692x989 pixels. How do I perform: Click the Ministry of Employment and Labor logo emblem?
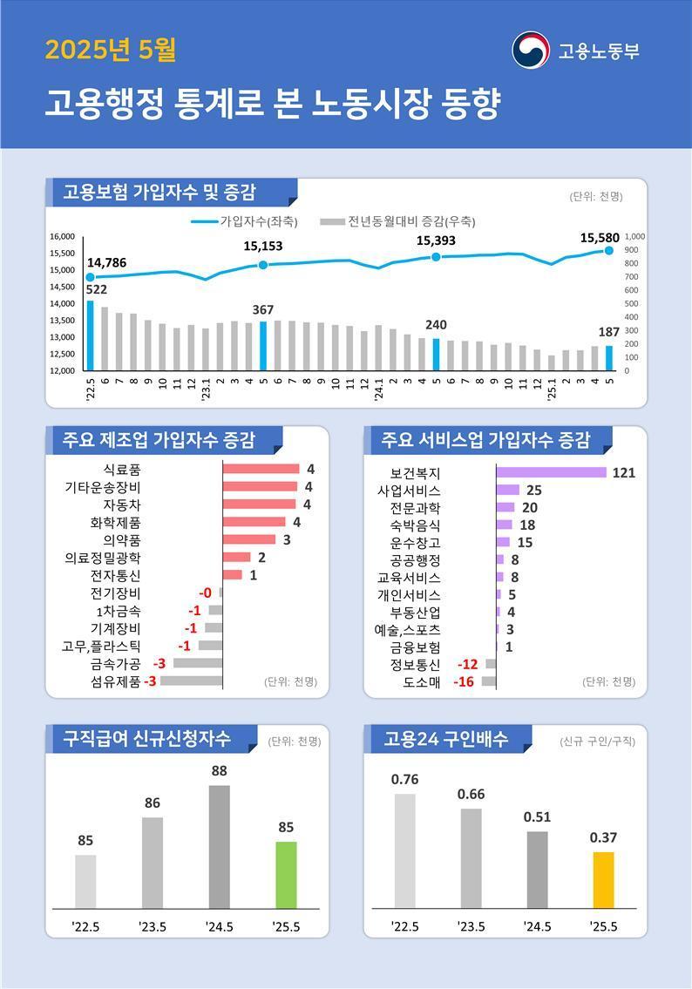click(x=530, y=50)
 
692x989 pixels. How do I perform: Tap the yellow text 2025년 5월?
click(x=111, y=51)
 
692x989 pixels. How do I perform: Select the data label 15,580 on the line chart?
click(x=600, y=237)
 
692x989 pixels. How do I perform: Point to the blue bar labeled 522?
click(x=90, y=335)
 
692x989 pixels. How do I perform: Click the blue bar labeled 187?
click(x=609, y=357)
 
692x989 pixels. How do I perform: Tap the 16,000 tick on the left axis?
click(x=62, y=236)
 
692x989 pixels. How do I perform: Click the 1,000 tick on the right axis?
click(x=634, y=236)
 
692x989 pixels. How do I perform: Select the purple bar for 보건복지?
click(x=551, y=473)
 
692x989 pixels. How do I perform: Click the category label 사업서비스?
click(x=409, y=491)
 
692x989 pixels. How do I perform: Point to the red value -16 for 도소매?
click(x=464, y=681)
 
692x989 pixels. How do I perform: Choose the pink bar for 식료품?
click(x=261, y=469)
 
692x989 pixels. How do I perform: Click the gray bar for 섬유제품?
click(x=191, y=681)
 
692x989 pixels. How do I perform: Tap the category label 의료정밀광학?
click(x=103, y=558)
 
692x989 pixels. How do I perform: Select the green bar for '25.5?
click(x=286, y=875)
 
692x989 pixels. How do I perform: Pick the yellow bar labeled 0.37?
click(x=603, y=880)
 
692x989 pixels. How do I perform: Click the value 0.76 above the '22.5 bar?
click(x=404, y=779)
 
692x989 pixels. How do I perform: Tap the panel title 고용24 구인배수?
click(x=445, y=739)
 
